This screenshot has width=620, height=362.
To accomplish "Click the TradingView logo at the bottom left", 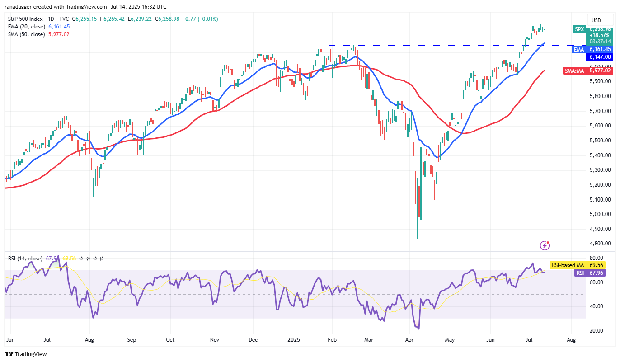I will point(26,354).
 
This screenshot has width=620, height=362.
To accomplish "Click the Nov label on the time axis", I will point(215,338).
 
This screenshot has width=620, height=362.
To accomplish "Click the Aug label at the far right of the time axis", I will point(571,338).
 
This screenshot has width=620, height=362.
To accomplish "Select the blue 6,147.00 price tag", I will point(599,57).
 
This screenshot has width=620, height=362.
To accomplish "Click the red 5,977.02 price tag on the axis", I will point(599,71).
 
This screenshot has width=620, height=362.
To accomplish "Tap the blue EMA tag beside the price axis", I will point(579,49).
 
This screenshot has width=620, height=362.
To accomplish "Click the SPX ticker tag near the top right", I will point(579,29).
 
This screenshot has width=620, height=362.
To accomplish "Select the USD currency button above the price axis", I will point(597,20).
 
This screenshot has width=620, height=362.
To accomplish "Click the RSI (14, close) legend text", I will point(25,259).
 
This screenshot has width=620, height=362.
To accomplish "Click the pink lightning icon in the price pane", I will point(545,245).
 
